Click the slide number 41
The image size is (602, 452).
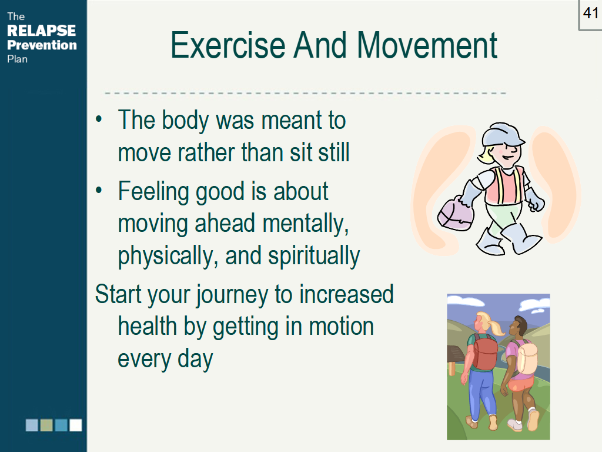(590, 13)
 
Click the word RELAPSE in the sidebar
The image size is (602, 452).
(42, 31)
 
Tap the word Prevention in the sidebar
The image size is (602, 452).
(42, 45)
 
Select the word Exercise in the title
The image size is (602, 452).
(228, 45)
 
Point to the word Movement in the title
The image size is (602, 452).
(427, 45)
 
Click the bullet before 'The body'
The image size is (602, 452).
(99, 119)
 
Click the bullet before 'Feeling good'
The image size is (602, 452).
(99, 190)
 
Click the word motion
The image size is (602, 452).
(342, 327)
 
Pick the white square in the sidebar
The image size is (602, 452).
(76, 425)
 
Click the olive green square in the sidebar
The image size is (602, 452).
(46, 425)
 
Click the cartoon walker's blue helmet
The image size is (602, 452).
(501, 135)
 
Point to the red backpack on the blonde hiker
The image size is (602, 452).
(485, 353)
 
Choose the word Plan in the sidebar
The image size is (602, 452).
(17, 59)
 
